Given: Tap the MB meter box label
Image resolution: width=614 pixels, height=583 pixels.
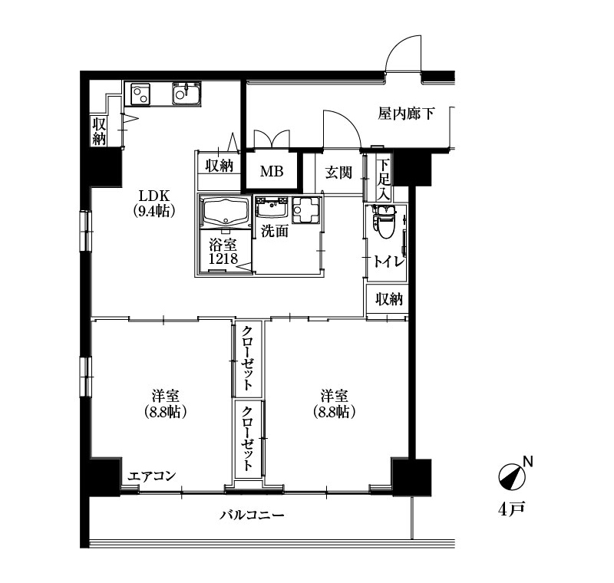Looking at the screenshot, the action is tap(272, 171).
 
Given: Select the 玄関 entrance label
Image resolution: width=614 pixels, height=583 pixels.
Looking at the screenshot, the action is tap(338, 173).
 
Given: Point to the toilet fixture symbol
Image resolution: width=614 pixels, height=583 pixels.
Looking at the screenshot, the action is tap(386, 221).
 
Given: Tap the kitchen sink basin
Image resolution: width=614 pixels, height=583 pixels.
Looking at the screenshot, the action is tap(187, 94).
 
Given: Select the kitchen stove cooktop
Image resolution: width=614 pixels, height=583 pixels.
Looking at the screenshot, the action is tap(137, 94).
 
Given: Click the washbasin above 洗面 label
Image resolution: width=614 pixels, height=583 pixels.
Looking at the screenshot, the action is tap(271, 208).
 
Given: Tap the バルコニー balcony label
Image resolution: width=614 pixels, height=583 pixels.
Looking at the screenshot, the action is tap(252, 515).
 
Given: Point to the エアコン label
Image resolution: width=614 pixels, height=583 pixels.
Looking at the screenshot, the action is tap(152, 476).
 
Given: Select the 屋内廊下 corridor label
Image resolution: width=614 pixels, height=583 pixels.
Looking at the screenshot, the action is tap(406, 114).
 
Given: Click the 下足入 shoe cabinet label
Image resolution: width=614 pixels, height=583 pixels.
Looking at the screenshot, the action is tap(384, 180).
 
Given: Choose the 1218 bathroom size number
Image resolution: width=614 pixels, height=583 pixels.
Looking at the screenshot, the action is tap(223, 259).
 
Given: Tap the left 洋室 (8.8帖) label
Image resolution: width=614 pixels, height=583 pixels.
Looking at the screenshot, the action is tap(165, 403).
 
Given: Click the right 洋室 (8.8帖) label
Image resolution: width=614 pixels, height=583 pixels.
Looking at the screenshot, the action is tap(334, 403).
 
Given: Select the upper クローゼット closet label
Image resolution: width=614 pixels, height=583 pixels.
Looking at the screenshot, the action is tap(246, 358).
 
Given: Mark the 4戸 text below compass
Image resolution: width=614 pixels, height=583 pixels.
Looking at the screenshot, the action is tap(511, 509).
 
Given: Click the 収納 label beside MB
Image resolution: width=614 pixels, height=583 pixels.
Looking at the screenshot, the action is tap(220, 166).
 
